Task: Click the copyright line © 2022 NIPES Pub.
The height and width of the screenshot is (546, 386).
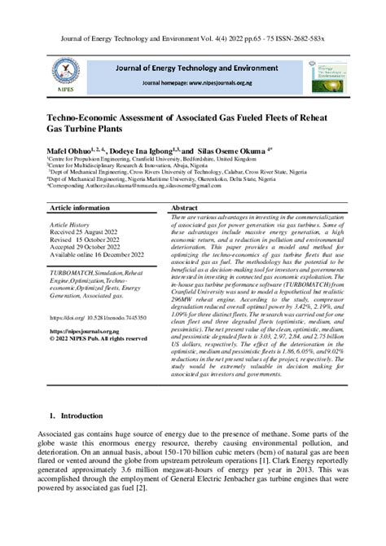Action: click(x=98, y=339)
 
